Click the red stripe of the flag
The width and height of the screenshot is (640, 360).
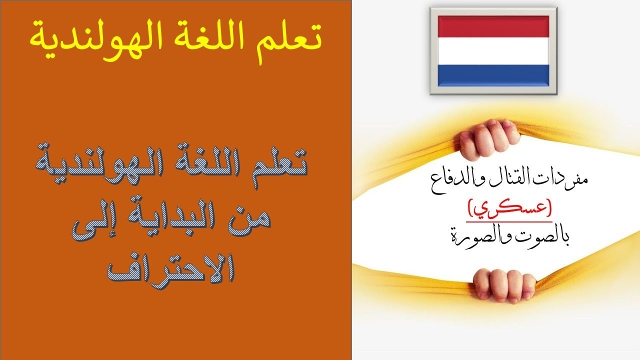pos(493,26)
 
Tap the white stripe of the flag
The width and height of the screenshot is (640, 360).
pos(493,51)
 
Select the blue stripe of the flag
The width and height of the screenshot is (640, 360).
pos(493,75)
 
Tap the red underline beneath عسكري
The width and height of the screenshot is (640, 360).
pos(509,221)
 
